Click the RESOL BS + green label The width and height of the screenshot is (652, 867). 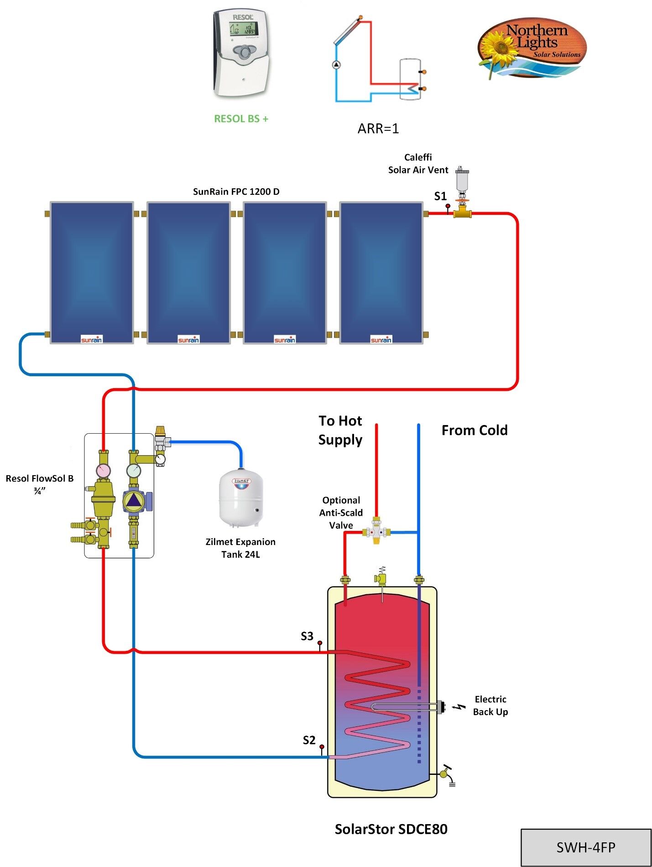[241, 119]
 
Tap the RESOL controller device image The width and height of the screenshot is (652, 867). [240, 53]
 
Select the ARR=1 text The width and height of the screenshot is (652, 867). [378, 129]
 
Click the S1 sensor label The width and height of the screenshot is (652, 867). [440, 196]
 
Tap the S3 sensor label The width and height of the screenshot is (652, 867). [307, 636]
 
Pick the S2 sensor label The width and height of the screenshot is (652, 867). [309, 740]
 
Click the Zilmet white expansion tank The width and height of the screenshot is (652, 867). [241, 500]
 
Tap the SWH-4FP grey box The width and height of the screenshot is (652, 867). [586, 847]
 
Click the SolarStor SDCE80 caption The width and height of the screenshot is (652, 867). [391, 829]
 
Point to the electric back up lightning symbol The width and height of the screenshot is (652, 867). [460, 706]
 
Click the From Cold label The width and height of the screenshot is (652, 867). [474, 430]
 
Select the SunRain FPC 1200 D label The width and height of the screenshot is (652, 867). [236, 192]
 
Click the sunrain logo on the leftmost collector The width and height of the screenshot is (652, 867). [91, 339]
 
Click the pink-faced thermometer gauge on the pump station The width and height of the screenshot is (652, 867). [104, 470]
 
